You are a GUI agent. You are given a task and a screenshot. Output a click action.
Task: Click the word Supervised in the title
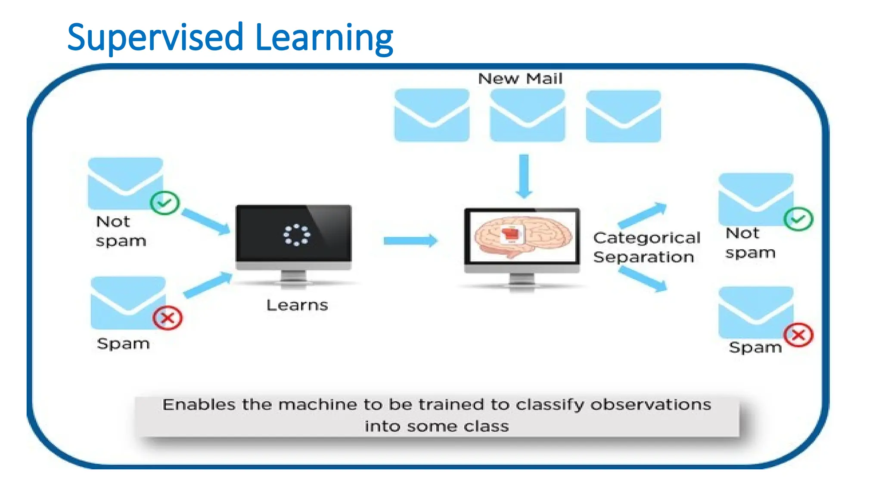click(x=155, y=38)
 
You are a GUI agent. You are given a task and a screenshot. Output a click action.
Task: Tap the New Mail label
click(x=520, y=79)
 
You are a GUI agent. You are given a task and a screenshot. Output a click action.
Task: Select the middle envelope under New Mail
click(x=527, y=115)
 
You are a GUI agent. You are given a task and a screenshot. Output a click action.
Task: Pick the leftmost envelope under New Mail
click(x=432, y=115)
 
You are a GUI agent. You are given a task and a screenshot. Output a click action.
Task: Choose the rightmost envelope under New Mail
click(x=623, y=116)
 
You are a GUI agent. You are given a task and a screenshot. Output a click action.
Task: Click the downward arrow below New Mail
click(x=524, y=176)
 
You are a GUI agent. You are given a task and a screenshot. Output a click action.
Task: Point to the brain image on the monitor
click(x=522, y=236)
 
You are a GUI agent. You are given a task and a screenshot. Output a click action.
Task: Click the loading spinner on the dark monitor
click(x=296, y=235)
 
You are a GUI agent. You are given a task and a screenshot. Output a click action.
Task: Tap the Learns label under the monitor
click(x=297, y=305)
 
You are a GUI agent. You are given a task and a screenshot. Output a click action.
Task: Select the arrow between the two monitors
click(x=410, y=240)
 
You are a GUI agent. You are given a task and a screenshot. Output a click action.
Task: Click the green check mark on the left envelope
click(x=165, y=202)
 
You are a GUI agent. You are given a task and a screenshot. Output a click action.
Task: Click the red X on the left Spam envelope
click(x=168, y=318)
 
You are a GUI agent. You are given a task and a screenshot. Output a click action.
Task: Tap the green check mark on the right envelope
click(x=798, y=219)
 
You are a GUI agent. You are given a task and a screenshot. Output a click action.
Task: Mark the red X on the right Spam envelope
click(x=798, y=335)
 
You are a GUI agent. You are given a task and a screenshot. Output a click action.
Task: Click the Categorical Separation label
click(x=646, y=247)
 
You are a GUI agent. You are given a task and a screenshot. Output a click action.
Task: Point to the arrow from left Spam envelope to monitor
click(x=208, y=285)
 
